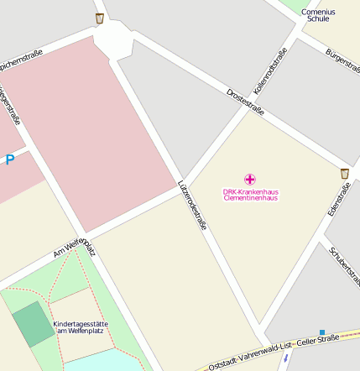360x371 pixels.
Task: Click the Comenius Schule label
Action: click(318, 14)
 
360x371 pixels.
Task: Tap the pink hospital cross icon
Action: click(249, 179)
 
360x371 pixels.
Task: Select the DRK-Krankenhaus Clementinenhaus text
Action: click(250, 195)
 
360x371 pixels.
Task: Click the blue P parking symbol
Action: click(9, 159)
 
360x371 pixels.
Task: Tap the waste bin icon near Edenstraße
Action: click(345, 173)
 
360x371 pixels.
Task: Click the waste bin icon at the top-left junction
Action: click(100, 18)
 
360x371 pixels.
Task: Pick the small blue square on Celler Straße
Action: click(321, 332)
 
